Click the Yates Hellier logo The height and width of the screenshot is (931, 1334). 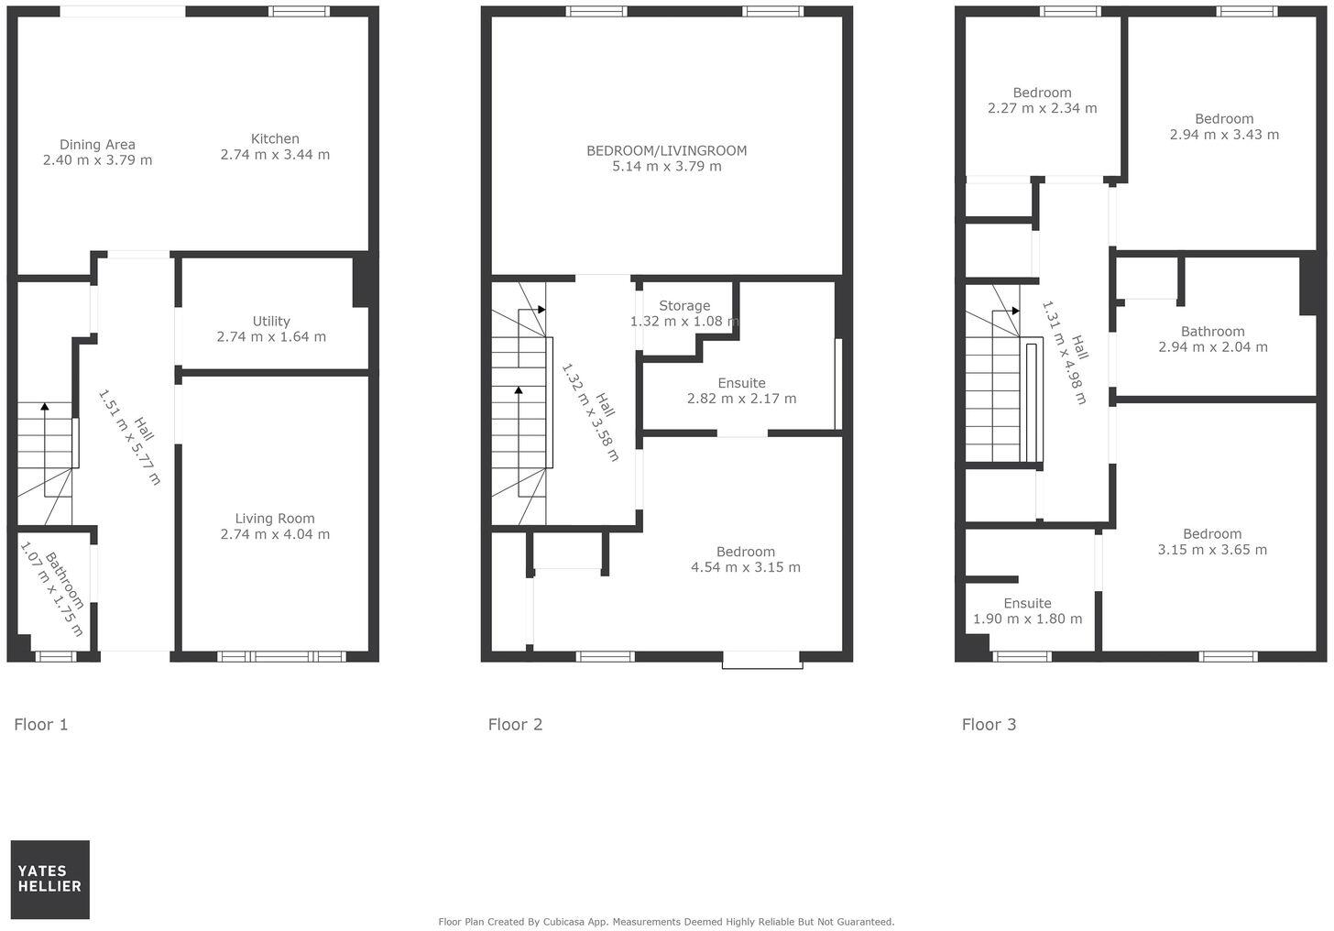[x=49, y=879]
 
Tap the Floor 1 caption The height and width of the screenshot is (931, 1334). [x=41, y=725]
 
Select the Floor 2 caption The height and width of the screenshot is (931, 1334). [x=515, y=725]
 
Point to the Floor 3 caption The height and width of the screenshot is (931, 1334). [x=989, y=725]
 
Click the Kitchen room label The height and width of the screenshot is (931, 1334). [x=275, y=139]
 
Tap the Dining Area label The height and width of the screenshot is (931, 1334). [x=97, y=145]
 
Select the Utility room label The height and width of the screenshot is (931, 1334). [x=271, y=322]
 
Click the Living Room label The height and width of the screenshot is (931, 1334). [x=275, y=519]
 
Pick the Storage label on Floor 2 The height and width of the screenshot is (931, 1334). [x=684, y=306]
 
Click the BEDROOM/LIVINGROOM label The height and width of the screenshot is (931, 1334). [x=666, y=151]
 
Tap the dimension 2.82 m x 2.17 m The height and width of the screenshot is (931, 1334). [x=741, y=399]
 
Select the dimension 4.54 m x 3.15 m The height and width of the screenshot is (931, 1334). [x=745, y=567]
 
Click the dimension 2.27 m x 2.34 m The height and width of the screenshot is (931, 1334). [x=1042, y=108]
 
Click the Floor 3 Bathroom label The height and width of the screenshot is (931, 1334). [x=1212, y=332]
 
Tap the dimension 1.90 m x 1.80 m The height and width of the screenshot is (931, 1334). [x=1027, y=619]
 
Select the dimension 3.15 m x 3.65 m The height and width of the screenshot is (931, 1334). [x=1212, y=550]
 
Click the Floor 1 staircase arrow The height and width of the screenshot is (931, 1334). [x=44, y=407]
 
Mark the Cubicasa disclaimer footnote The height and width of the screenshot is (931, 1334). [x=666, y=922]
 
